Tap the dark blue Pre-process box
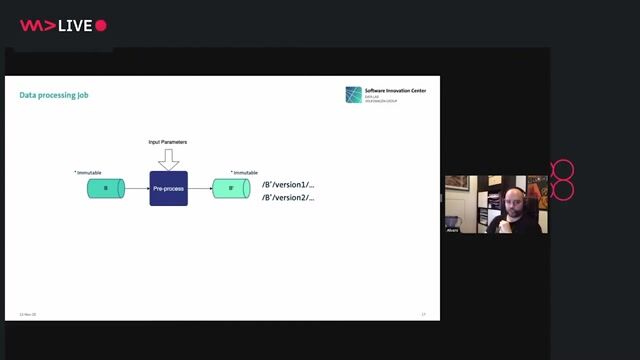(x=168, y=188)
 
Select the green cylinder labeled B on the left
(x=104, y=188)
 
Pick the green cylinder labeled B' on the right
(x=230, y=188)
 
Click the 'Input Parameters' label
(x=168, y=142)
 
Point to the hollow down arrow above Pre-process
(x=168, y=158)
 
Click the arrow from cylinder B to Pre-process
(x=136, y=188)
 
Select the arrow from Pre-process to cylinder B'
(x=200, y=188)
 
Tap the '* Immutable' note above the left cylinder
(x=88, y=172)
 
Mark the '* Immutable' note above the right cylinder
(x=243, y=172)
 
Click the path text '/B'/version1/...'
(x=288, y=185)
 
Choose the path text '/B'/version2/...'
(x=288, y=198)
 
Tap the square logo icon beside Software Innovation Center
(x=354, y=95)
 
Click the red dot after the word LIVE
(x=101, y=26)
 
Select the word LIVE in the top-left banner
(x=74, y=26)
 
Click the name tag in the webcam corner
(x=453, y=230)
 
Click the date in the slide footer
(x=28, y=315)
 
